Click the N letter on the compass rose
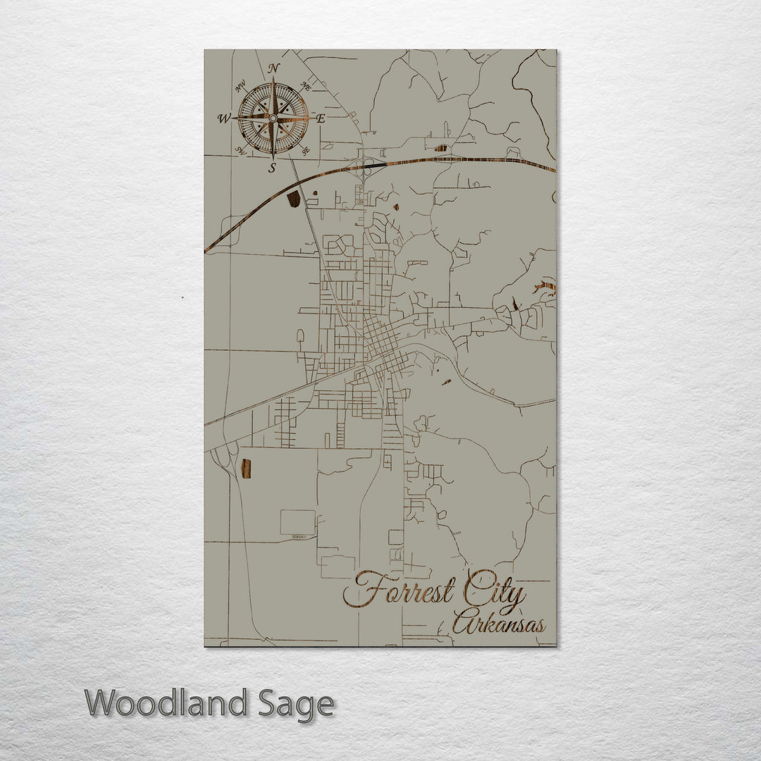[274, 68]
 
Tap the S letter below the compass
[273, 168]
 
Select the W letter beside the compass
[224, 118]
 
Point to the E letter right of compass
[321, 119]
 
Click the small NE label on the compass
[306, 86]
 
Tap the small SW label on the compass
[240, 150]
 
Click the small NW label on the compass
[240, 87]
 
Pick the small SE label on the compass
[305, 150]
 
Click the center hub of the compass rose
[273, 118]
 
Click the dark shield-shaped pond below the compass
[294, 199]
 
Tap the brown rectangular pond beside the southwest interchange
[245, 468]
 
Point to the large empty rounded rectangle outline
[298, 522]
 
